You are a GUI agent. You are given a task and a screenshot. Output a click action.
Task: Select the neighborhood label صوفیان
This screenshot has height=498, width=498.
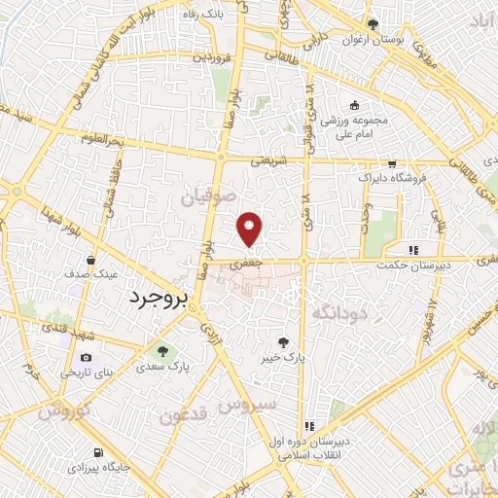coord(209,197)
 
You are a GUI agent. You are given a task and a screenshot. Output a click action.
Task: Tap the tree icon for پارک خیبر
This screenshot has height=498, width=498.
coord(283,341)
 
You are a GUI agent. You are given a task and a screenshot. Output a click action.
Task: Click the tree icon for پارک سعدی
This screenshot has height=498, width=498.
coord(162,351)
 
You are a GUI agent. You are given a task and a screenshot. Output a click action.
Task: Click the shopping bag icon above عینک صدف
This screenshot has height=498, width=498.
coord(90,262)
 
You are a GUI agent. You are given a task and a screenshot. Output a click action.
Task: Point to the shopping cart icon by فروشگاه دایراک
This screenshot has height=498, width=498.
coord(391,164)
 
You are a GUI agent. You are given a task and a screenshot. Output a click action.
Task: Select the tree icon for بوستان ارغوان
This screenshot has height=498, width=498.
coord(371,25)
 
